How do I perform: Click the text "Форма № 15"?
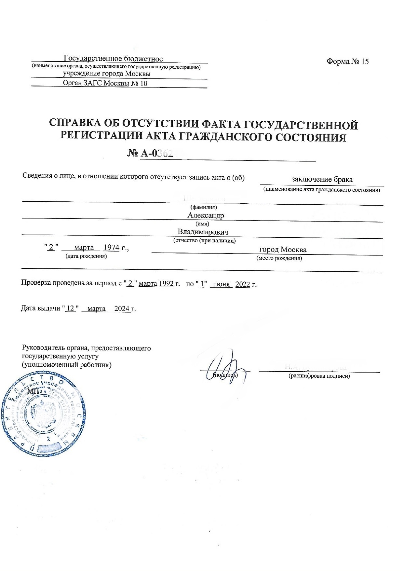pyautogui.click(x=347, y=61)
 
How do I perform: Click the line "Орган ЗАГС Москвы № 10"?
pyautogui.click(x=105, y=83)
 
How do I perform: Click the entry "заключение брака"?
pyautogui.click(x=322, y=179)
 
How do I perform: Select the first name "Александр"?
pyautogui.click(x=206, y=215)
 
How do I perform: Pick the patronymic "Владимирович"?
pyautogui.click(x=203, y=232)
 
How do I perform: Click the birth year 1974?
pyautogui.click(x=111, y=248)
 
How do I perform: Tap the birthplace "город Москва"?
pyautogui.click(x=283, y=250)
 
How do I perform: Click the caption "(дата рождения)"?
pyautogui.click(x=86, y=256)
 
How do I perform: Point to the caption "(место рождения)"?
pyautogui.click(x=279, y=258)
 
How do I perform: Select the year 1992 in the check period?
pyautogui.click(x=166, y=284)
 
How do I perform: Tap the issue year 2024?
pyautogui.click(x=122, y=308)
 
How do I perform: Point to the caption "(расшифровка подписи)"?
pyautogui.click(x=319, y=376)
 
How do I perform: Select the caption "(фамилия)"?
pyautogui.click(x=203, y=207)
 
